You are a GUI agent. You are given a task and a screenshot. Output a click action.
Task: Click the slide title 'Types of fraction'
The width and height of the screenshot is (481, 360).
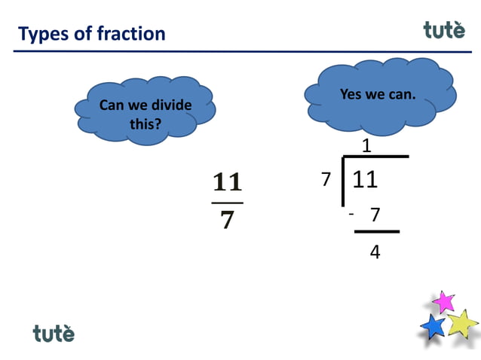[x=91, y=34]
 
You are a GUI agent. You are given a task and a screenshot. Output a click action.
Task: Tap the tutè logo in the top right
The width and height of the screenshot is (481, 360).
[x=449, y=29]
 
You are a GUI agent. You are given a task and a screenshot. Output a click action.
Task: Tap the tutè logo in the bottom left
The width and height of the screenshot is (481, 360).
[x=54, y=332]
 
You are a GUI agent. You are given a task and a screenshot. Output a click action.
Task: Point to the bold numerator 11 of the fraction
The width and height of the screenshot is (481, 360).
[x=227, y=182]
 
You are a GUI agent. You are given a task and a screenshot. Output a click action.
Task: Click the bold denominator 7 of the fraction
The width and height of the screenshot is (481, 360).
[x=227, y=220]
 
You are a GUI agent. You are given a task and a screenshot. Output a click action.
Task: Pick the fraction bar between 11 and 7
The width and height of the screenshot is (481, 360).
[x=227, y=203]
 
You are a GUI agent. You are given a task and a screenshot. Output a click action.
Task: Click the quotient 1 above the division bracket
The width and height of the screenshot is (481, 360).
[x=366, y=146]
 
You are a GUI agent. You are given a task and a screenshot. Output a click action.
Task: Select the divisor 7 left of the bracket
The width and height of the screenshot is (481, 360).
[x=326, y=180]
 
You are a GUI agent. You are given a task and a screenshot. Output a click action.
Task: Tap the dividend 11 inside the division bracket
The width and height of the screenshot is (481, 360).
[x=365, y=180]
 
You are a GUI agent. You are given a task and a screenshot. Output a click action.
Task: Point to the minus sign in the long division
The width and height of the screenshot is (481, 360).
[x=351, y=215]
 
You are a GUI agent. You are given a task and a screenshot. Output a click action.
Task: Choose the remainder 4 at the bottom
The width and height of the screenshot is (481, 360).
[x=375, y=252]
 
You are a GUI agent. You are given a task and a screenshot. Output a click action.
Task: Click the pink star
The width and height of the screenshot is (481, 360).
[x=443, y=302]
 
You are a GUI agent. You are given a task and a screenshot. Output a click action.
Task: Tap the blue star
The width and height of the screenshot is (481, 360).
[x=433, y=327]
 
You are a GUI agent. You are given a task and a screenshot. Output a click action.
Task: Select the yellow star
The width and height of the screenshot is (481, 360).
[x=461, y=324]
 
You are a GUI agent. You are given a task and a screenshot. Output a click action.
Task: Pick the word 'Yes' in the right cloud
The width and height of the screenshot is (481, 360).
[x=351, y=95]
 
